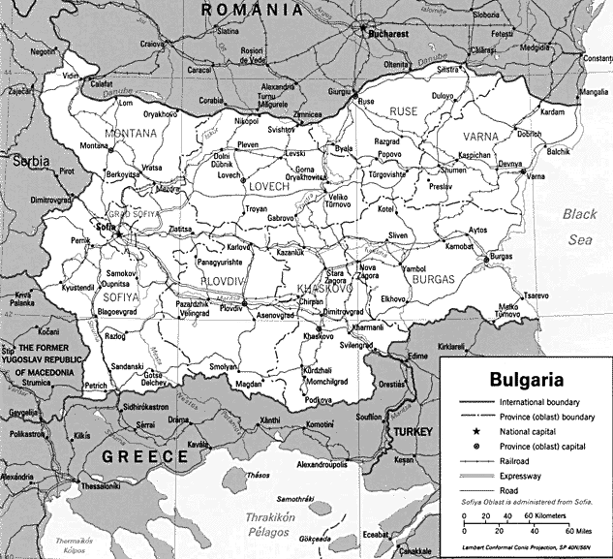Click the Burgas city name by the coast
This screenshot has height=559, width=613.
click(x=501, y=256)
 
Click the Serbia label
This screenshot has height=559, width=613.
click(x=30, y=163)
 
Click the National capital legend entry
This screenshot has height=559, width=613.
click(x=533, y=432)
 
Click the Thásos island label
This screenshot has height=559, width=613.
click(x=258, y=476)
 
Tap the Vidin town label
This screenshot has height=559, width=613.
click(x=70, y=75)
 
